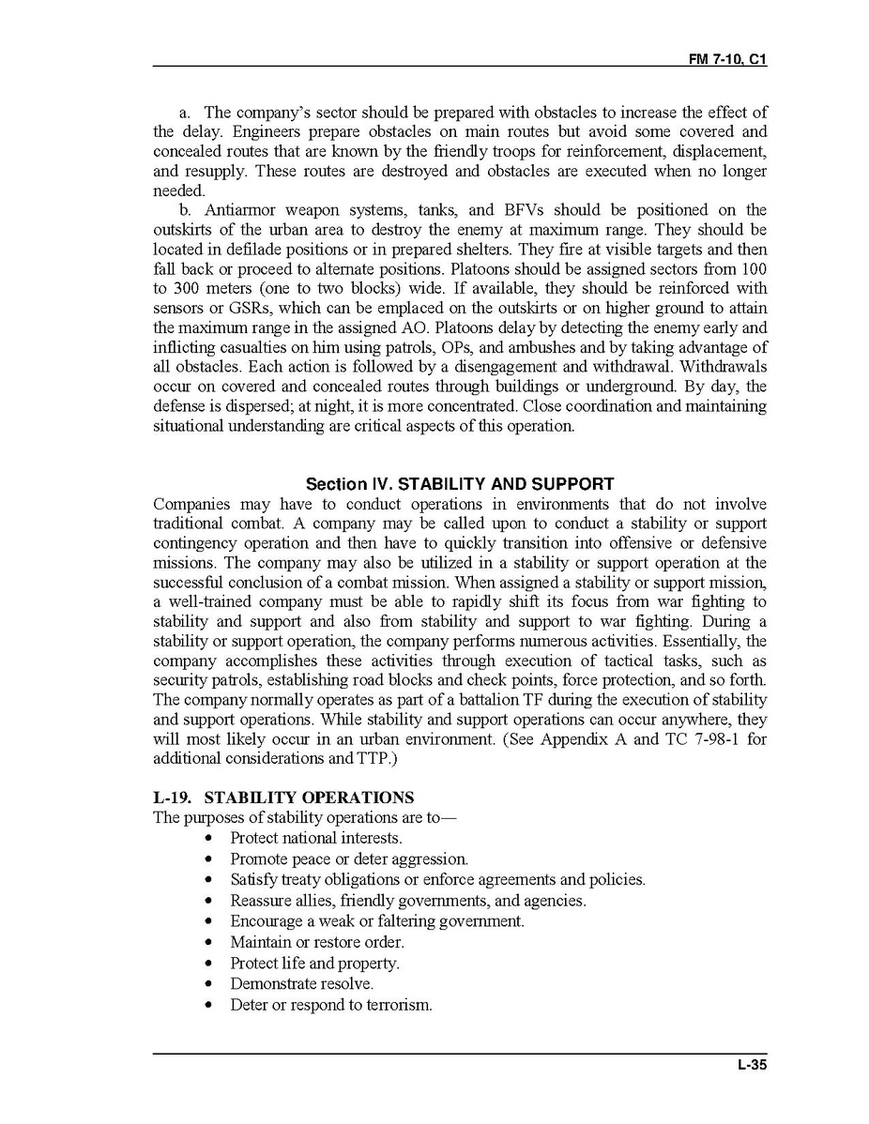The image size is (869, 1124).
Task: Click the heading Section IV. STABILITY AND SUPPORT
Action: (x=460, y=484)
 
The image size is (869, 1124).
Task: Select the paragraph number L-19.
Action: (x=174, y=797)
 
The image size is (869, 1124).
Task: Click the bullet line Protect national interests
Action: (x=315, y=838)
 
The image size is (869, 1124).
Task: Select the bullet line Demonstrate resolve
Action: (x=301, y=984)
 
